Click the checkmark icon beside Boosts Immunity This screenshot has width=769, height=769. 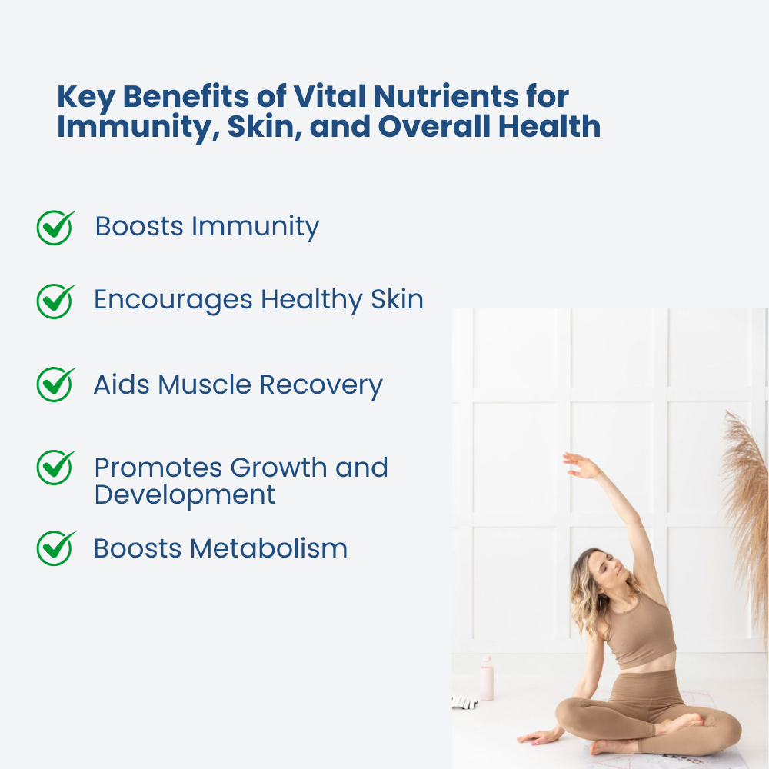[x=55, y=228]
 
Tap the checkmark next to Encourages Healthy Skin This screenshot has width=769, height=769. [x=55, y=301]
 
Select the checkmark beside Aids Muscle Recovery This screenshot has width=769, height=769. [x=55, y=384]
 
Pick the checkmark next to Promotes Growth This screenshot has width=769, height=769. [x=55, y=468]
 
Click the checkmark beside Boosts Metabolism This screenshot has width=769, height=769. [x=55, y=548]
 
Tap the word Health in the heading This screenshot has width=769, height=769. [x=549, y=126]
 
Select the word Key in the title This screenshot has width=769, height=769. [x=86, y=97]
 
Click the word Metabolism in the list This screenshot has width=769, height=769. [x=268, y=548]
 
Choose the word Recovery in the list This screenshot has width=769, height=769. [x=321, y=385]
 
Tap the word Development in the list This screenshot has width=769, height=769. [x=185, y=495]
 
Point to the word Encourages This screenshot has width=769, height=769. [x=173, y=300]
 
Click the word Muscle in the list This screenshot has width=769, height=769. [x=205, y=384]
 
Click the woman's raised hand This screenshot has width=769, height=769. [x=581, y=465]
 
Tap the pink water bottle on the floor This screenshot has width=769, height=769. [x=487, y=678]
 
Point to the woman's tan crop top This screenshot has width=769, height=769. [x=641, y=632]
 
